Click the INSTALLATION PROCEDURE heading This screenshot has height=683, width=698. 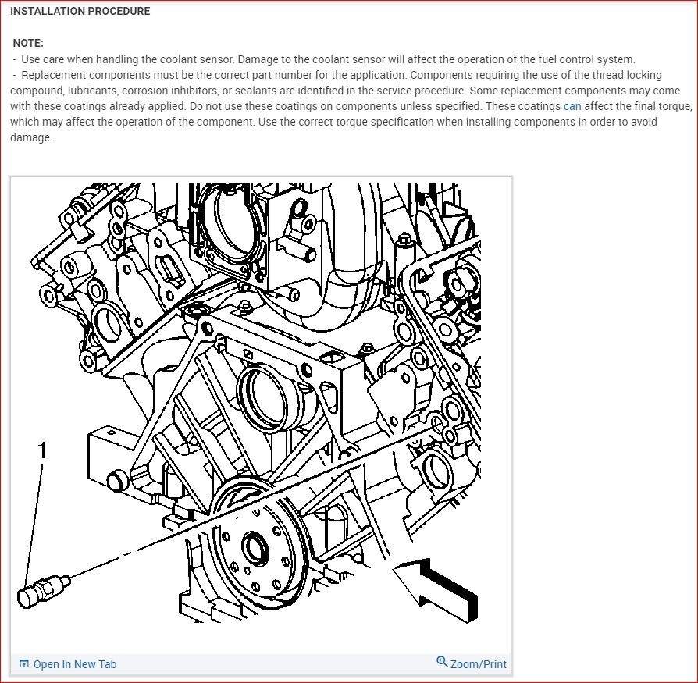click(80, 12)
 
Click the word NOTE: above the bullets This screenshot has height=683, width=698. click(28, 44)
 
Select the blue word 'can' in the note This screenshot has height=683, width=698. click(572, 106)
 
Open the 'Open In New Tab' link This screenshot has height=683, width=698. click(74, 664)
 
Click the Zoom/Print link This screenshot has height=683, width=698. click(478, 664)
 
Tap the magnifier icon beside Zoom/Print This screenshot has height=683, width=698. click(442, 663)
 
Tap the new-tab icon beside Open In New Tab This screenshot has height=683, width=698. click(24, 664)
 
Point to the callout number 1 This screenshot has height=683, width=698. click(43, 450)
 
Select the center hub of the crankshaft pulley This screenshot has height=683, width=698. click(255, 549)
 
